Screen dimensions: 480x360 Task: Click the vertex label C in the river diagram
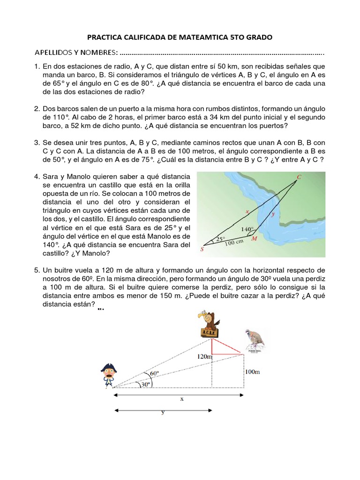299,177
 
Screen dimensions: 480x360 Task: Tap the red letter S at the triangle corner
202,249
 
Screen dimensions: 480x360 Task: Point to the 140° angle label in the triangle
247,230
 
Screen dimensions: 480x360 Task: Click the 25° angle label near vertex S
220,239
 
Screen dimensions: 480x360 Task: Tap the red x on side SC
247,211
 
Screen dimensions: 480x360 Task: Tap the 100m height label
252,372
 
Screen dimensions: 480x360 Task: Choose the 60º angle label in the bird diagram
154,374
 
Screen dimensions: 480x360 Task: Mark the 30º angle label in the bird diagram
146,384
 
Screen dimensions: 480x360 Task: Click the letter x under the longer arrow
181,400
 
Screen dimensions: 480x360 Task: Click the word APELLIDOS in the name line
54,51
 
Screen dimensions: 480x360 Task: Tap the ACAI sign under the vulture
207,332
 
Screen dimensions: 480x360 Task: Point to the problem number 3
36,142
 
